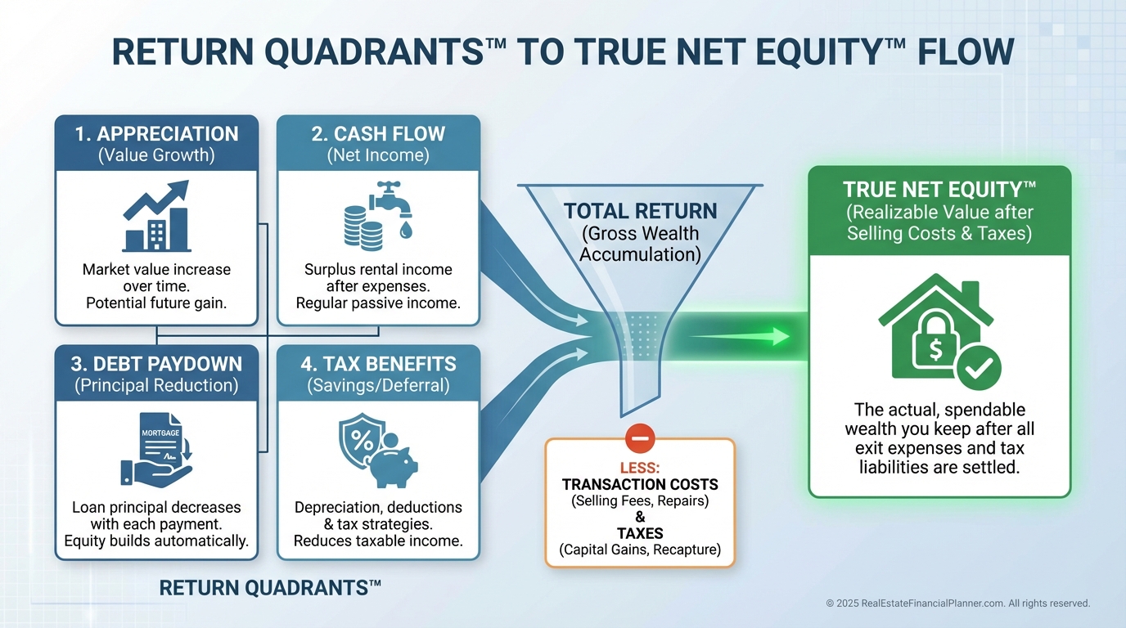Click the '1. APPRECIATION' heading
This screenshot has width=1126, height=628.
click(x=156, y=134)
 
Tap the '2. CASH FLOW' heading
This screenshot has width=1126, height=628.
click(x=378, y=134)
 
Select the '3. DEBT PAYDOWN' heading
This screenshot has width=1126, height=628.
click(x=156, y=364)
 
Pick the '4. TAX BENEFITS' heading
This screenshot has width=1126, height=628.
click(x=378, y=364)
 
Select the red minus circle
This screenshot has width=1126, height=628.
click(x=640, y=439)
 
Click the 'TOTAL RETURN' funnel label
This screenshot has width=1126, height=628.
click(x=640, y=212)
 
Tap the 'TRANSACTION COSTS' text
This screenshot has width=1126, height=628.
click(x=640, y=484)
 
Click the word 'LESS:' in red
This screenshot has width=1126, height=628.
click(x=640, y=469)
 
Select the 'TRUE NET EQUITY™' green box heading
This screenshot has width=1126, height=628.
click(x=939, y=191)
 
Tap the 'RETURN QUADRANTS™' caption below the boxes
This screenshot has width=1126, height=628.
click(x=270, y=587)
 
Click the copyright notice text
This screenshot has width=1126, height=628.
click(x=957, y=603)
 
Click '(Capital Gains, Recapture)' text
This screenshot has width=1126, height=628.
click(x=640, y=550)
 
